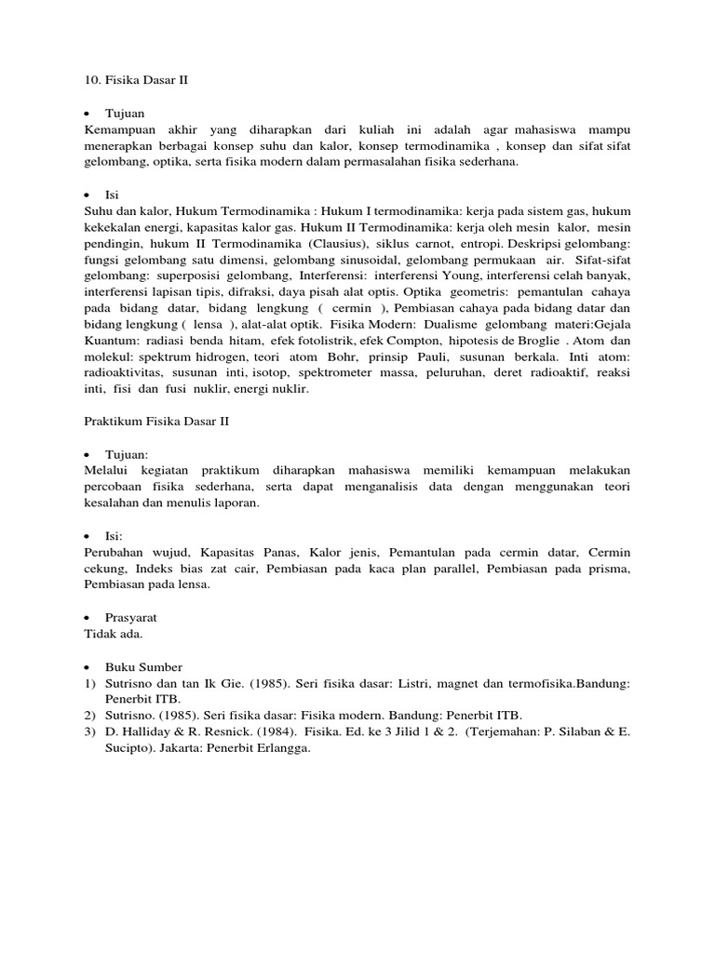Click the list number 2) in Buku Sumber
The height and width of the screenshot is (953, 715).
click(x=89, y=715)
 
